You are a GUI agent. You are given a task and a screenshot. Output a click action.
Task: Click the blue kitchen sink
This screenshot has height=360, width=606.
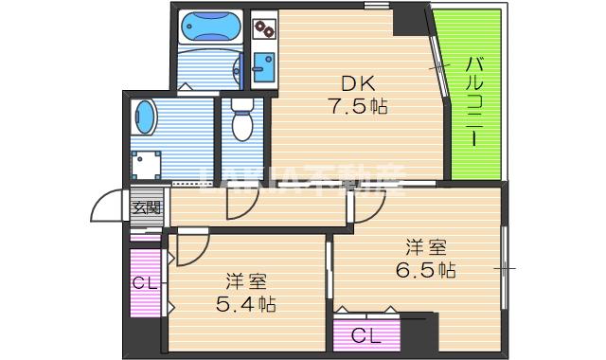point(262,68)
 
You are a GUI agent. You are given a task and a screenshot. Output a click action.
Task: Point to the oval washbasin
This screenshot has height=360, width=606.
point(147,118)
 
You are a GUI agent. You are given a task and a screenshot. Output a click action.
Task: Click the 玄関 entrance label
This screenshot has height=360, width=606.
point(146,208)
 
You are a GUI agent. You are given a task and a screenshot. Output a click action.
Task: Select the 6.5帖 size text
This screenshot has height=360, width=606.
point(426,270)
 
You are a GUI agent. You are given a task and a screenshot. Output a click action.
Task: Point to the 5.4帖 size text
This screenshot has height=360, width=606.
point(245,305)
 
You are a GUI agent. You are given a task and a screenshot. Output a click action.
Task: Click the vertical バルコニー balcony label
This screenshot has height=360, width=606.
point(475,100)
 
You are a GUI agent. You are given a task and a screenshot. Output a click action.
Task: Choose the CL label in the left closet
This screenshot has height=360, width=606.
point(145,282)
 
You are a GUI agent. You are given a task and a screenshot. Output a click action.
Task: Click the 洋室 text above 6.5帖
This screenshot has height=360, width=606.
point(426,247)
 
